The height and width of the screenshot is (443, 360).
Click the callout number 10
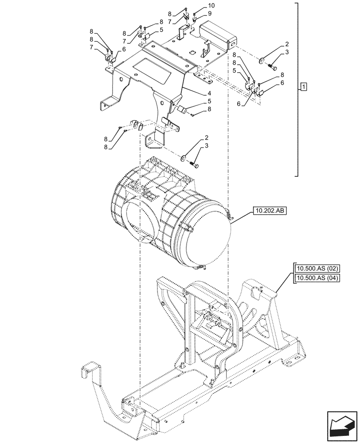[x=210, y=6]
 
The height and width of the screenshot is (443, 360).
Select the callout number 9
[x=210, y=13]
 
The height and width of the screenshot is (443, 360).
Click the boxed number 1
[x=303, y=86]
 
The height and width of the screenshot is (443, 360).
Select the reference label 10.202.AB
[x=270, y=211]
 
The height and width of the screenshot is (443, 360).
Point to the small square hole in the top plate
[x=192, y=53]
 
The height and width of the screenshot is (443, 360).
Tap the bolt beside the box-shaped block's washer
[x=272, y=66]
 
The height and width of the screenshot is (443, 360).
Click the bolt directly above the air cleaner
[x=194, y=164]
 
